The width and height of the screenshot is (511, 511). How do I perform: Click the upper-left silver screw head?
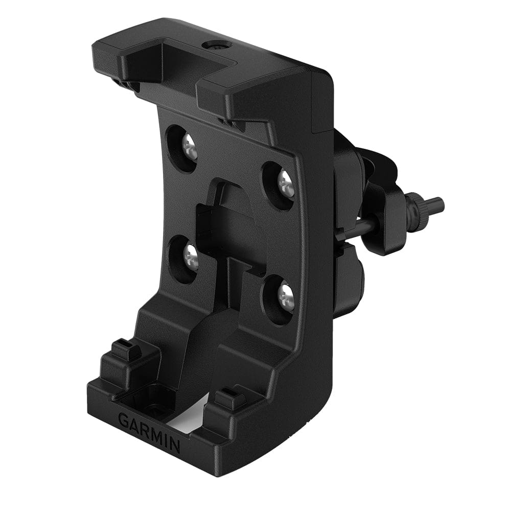coord(189,147)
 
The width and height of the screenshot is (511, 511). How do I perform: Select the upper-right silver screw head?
coord(286,183)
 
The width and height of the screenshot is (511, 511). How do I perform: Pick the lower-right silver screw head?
coord(286,297)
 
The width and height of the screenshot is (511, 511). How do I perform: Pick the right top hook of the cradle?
coord(230,102)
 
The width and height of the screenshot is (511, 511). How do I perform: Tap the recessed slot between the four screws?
coord(230,225)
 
